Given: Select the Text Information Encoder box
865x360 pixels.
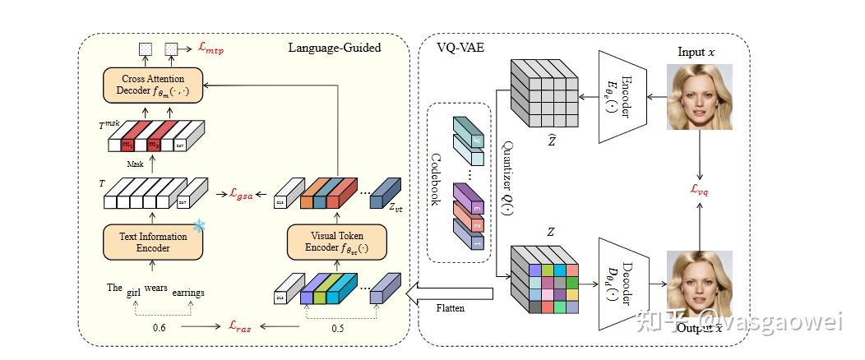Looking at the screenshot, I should [154, 242].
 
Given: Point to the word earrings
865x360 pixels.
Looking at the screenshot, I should [188, 293].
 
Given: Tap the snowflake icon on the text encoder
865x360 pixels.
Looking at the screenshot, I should [198, 225].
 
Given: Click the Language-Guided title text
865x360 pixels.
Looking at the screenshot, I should [334, 48].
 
